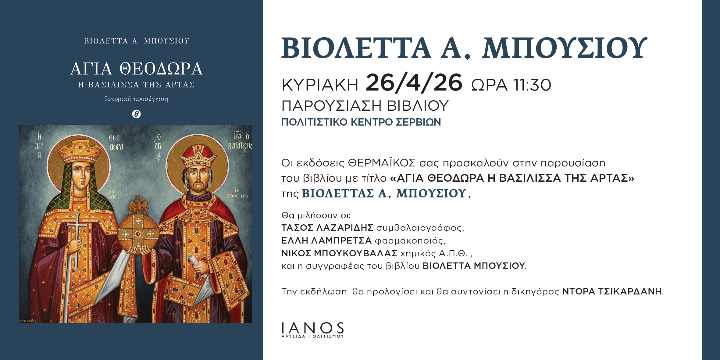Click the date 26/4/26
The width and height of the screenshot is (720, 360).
pyautogui.click(x=414, y=83)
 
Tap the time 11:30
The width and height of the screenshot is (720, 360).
pyautogui.click(x=532, y=85)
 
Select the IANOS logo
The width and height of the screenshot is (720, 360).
pyautogui.click(x=313, y=330)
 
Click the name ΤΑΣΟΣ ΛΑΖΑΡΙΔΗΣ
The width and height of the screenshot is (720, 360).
pyautogui.click(x=327, y=228)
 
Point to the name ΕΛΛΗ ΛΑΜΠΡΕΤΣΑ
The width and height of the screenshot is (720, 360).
pyautogui.click(x=326, y=241)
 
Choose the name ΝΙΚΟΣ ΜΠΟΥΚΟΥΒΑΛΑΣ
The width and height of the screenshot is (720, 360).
pyautogui.click(x=339, y=253)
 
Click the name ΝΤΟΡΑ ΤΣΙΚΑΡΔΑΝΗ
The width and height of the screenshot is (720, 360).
pyautogui.click(x=612, y=291)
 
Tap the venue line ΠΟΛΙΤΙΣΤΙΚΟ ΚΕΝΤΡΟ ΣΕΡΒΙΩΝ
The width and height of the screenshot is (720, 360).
pyautogui.click(x=361, y=122)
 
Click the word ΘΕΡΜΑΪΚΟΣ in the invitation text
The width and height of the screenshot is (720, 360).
pyautogui.click(x=382, y=163)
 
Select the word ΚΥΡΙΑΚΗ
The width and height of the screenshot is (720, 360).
pyautogui.click(x=320, y=85)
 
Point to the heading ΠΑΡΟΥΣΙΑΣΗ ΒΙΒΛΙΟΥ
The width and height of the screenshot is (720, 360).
pyautogui.click(x=365, y=106)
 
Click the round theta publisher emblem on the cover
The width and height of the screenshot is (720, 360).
pyautogui.click(x=136, y=114)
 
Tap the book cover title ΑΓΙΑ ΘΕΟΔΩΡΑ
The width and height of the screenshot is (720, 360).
pyautogui.click(x=136, y=69)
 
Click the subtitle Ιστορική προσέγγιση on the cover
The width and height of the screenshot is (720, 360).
pyautogui.click(x=136, y=99)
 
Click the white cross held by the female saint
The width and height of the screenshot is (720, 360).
pyautogui.click(x=77, y=241)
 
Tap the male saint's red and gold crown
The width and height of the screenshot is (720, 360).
pyautogui.click(x=198, y=156)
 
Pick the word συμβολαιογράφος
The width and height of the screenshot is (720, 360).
pyautogui.click(x=420, y=228)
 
